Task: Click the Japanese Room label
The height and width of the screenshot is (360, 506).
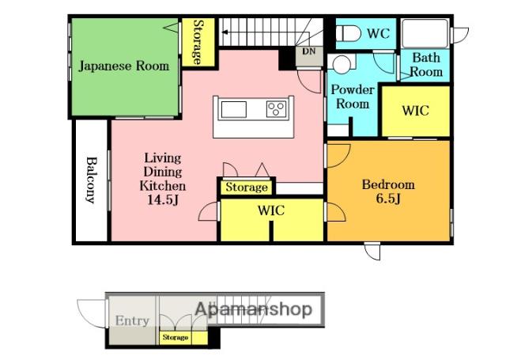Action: (x=124, y=66)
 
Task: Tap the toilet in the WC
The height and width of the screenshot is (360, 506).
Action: (x=349, y=33)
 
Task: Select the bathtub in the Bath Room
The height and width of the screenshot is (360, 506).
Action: (x=425, y=33)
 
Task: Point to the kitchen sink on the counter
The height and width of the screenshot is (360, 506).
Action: (x=234, y=110)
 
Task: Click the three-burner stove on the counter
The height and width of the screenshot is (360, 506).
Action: (x=276, y=109)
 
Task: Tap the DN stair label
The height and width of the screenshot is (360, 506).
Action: (x=309, y=51)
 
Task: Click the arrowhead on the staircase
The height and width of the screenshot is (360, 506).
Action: (x=225, y=32)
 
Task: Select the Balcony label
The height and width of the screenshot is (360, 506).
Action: (x=92, y=180)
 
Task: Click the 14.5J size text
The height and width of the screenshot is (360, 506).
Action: (x=163, y=200)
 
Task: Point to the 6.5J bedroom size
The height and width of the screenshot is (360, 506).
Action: (x=388, y=199)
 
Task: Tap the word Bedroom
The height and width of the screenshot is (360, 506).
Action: (x=388, y=184)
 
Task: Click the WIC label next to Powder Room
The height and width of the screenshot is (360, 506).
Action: (x=416, y=111)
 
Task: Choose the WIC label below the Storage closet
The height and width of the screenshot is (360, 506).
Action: (x=271, y=210)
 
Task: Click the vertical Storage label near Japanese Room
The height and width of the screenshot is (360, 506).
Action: (x=198, y=42)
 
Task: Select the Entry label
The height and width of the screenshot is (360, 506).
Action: (x=132, y=320)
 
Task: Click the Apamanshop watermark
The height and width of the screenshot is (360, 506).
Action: (x=254, y=309)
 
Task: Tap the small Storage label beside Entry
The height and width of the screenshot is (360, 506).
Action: (x=176, y=337)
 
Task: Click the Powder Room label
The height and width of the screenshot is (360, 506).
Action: (x=353, y=97)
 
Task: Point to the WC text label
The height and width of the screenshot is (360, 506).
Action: (x=379, y=33)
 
